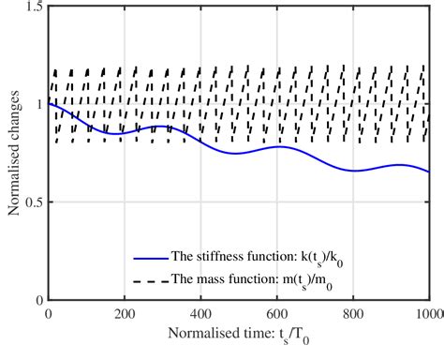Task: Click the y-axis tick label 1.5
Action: tap(33, 7)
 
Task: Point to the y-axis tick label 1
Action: tap(38, 105)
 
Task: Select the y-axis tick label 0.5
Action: tap(33, 202)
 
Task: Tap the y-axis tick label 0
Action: tap(38, 300)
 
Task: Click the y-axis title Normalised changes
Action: tap(13, 154)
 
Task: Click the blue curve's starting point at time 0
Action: tap(48, 104)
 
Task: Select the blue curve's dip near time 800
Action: tap(357, 171)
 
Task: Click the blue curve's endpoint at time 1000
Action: tap(429, 172)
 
